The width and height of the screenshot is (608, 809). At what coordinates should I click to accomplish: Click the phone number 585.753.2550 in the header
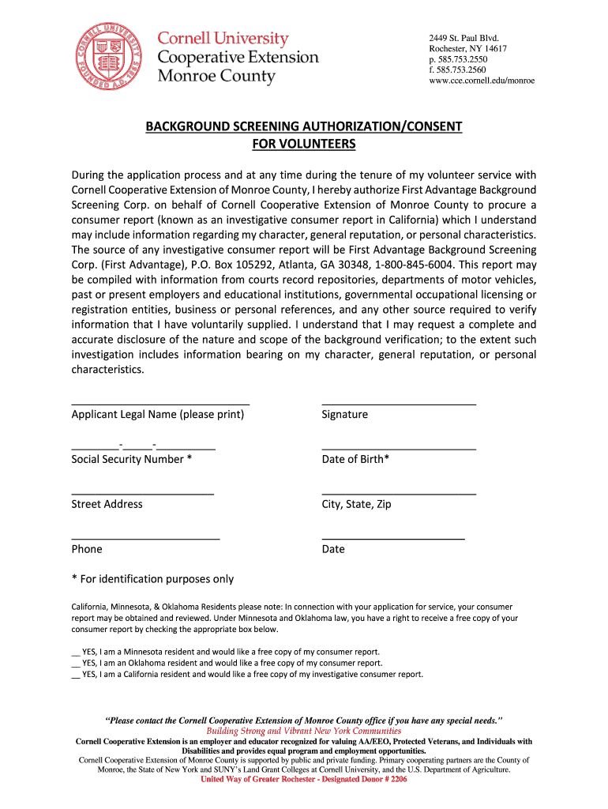(464, 59)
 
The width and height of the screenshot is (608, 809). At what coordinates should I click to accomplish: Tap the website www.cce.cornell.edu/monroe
(482, 81)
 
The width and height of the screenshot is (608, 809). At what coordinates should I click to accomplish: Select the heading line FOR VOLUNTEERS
(303, 144)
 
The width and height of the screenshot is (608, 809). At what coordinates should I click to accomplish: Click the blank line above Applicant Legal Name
(160, 404)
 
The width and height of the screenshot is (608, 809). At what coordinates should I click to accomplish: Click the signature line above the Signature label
(399, 404)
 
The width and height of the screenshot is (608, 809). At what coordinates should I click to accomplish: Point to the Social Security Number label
(131, 459)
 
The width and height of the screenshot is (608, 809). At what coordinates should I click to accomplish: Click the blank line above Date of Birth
(399, 449)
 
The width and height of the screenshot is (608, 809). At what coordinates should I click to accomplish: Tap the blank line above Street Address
(142, 494)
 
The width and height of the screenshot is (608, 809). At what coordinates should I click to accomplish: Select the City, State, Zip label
(356, 504)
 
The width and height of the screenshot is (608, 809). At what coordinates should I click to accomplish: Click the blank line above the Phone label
(145, 539)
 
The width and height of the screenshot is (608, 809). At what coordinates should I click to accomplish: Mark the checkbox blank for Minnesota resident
(76, 653)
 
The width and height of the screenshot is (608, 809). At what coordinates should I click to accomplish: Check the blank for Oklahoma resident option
(76, 664)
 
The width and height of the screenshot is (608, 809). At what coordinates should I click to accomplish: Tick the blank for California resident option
(76, 675)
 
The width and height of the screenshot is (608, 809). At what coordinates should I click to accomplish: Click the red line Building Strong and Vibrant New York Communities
(303, 732)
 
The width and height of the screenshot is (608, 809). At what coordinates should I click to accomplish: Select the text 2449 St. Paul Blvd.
(464, 38)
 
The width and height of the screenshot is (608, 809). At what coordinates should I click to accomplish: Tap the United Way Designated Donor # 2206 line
(303, 779)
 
